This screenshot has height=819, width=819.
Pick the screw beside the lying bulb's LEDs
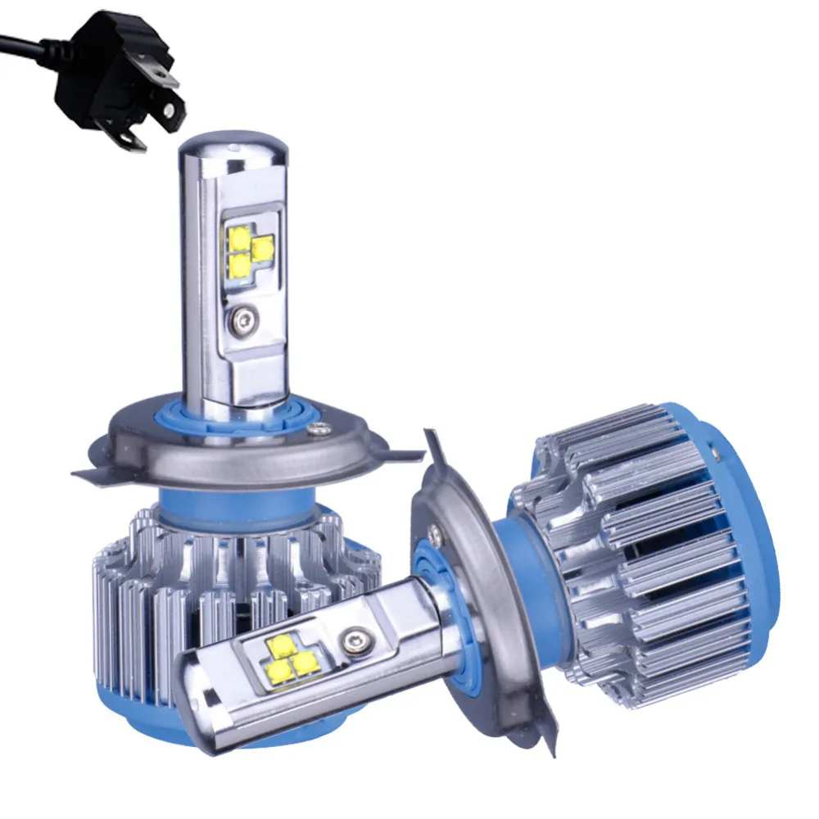(x=355, y=638)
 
